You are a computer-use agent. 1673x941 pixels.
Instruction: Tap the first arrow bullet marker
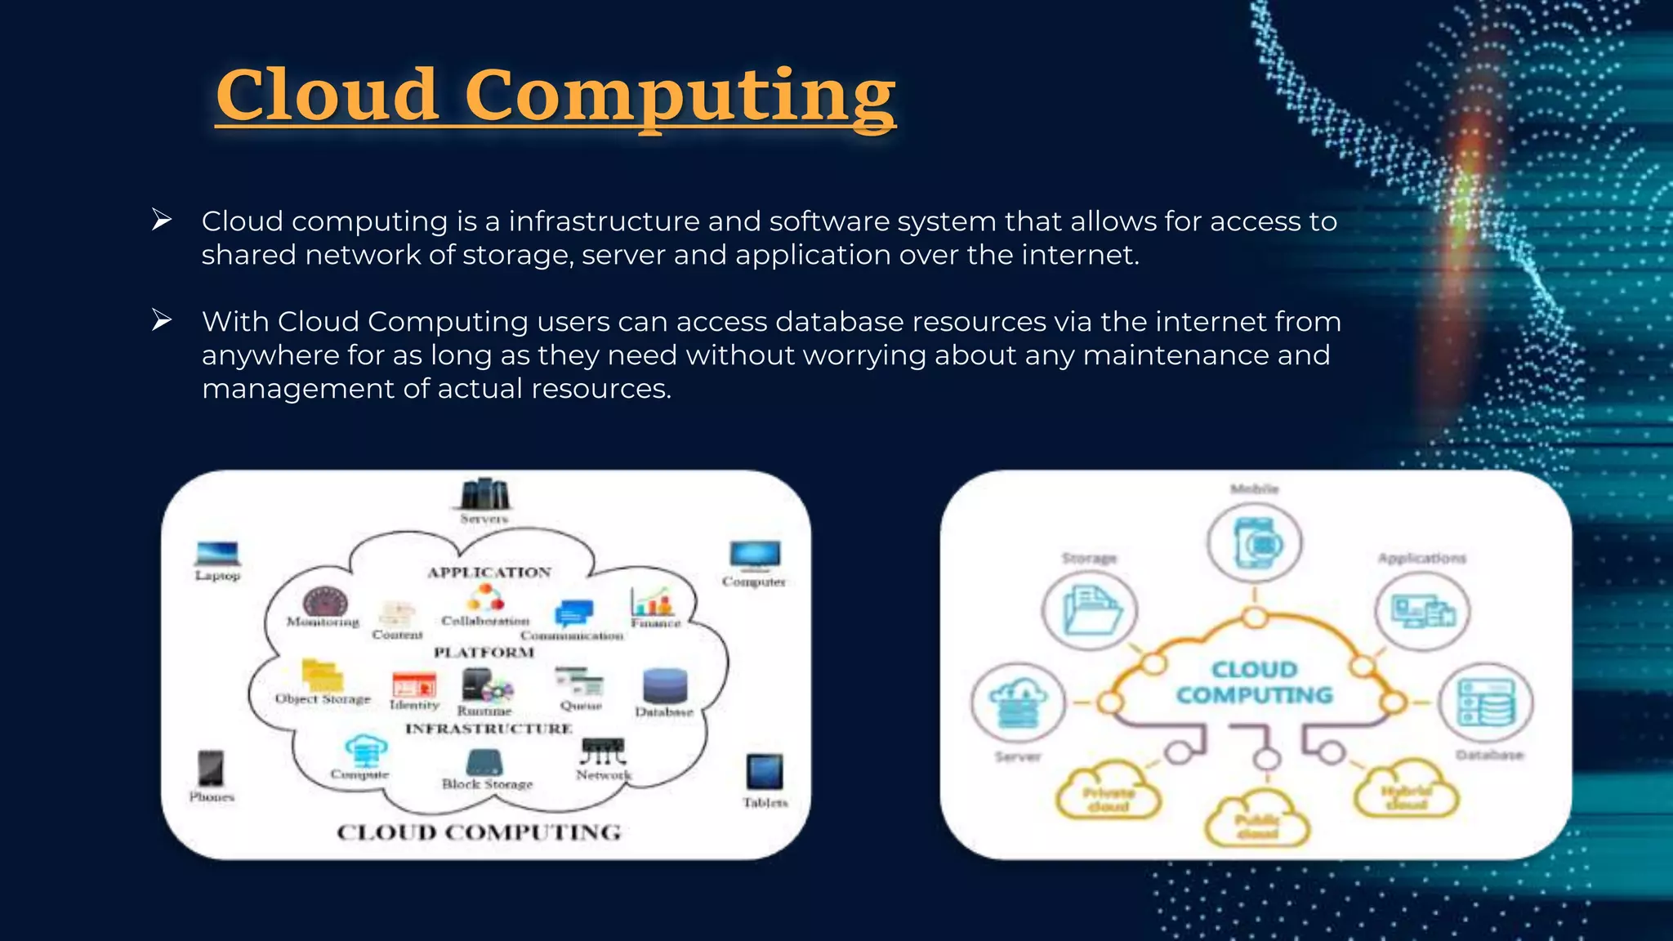(162, 220)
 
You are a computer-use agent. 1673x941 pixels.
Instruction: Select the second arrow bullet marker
(162, 320)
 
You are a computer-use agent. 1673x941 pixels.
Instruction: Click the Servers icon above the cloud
(484, 493)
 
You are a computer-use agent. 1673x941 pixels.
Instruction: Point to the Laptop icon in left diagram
(217, 553)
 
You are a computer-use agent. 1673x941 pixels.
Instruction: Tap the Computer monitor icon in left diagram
(755, 555)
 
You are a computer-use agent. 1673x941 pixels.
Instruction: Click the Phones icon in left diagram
(211, 768)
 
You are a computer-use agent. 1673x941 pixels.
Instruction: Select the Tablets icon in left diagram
(765, 772)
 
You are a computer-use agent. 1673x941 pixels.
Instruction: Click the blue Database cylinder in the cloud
(665, 685)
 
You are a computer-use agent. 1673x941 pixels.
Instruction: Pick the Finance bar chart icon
(653, 601)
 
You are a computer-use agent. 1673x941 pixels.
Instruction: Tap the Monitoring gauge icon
(325, 602)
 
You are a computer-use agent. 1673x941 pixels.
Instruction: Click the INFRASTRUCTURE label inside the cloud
(489, 728)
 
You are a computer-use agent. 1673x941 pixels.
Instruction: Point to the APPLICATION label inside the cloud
(489, 572)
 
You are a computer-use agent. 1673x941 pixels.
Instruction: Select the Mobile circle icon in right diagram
(1255, 542)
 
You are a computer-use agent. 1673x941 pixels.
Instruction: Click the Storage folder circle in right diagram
(1090, 611)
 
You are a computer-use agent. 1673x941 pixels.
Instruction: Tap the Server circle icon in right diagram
(1018, 702)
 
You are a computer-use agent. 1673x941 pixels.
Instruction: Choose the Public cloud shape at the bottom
(1257, 821)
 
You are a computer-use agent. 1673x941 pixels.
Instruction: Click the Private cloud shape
(1109, 792)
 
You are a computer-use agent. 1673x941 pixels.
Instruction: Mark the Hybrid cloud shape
(1406, 791)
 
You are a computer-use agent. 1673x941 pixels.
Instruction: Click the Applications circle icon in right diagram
(1422, 611)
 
